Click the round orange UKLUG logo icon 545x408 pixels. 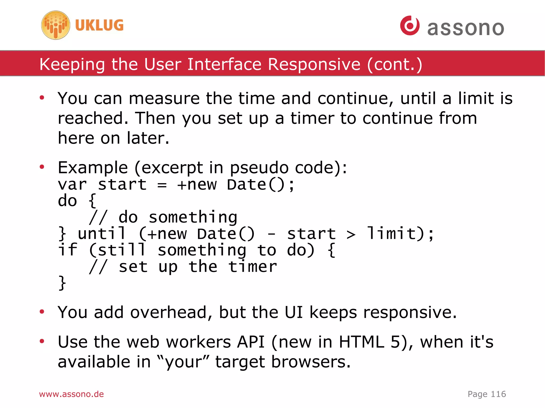click(56, 25)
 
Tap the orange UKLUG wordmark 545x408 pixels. click(99, 25)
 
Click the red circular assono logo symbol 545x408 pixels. click(410, 26)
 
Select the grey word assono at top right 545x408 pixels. click(466, 28)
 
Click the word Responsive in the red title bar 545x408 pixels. click(314, 64)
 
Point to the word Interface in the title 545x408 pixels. click(224, 64)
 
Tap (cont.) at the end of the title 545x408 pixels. click(394, 64)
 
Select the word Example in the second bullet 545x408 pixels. click(93, 168)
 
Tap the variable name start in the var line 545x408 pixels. click(122, 185)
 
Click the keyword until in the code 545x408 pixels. click(102, 234)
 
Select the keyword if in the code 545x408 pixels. click(68, 250)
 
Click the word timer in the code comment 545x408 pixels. click(253, 267)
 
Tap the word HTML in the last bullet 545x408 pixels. click(361, 342)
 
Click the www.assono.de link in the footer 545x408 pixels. click(71, 394)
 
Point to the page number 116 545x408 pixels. click(498, 394)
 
